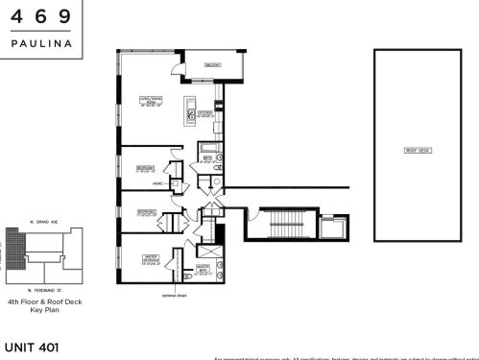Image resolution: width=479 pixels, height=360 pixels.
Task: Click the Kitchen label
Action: pyautogui.click(x=204, y=113)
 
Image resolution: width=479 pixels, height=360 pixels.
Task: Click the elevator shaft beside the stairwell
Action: pyautogui.click(x=335, y=228)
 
